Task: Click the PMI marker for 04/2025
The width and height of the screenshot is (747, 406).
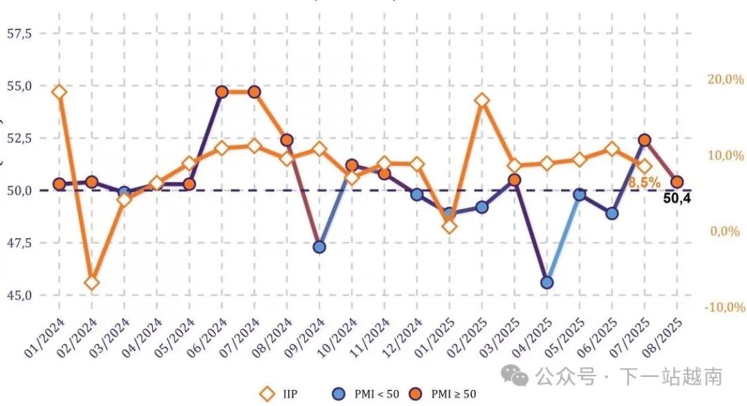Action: pyautogui.click(x=547, y=282)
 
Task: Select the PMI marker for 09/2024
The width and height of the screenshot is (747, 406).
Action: pyautogui.click(x=320, y=246)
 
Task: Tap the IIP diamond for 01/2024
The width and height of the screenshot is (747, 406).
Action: pyautogui.click(x=59, y=92)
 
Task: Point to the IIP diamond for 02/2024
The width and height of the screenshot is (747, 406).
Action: pyautogui.click(x=91, y=282)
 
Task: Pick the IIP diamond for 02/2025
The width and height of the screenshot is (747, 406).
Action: pyautogui.click(x=482, y=100)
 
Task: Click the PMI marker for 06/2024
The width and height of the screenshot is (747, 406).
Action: pyautogui.click(x=222, y=92)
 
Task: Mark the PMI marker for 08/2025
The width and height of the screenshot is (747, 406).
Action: pyautogui.click(x=677, y=182)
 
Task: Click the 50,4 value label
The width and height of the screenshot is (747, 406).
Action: pyautogui.click(x=677, y=199)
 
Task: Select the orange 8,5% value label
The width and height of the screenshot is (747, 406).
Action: pyautogui.click(x=644, y=183)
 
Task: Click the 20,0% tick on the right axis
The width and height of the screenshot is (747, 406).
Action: pyautogui.click(x=725, y=80)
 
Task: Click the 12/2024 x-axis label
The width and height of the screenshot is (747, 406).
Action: pyautogui.click(x=405, y=339)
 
